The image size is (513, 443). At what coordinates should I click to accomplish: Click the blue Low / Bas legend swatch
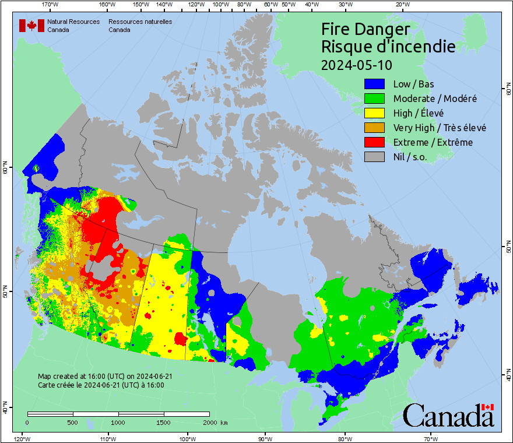tap(375, 84)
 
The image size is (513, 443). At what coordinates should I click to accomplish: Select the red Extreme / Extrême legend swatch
tap(375, 142)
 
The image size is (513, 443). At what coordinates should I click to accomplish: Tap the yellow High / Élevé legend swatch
tap(375, 113)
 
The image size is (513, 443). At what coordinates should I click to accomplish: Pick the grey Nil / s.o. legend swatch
tap(375, 157)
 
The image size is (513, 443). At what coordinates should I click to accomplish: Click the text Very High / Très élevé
tap(440, 128)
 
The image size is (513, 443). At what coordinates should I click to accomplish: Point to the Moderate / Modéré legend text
tap(435, 99)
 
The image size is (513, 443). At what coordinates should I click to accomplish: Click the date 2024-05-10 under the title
tap(357, 64)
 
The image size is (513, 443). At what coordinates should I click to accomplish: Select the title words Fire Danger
tap(366, 30)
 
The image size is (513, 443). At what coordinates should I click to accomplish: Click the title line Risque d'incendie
tap(388, 47)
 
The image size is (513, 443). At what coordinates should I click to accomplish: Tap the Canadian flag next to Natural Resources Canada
tap(31, 26)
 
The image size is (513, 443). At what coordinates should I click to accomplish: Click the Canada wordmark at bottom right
tap(449, 415)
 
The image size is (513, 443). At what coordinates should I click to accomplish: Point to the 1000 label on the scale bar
tap(118, 422)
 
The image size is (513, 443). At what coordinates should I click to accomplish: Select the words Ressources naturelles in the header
tap(140, 22)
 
